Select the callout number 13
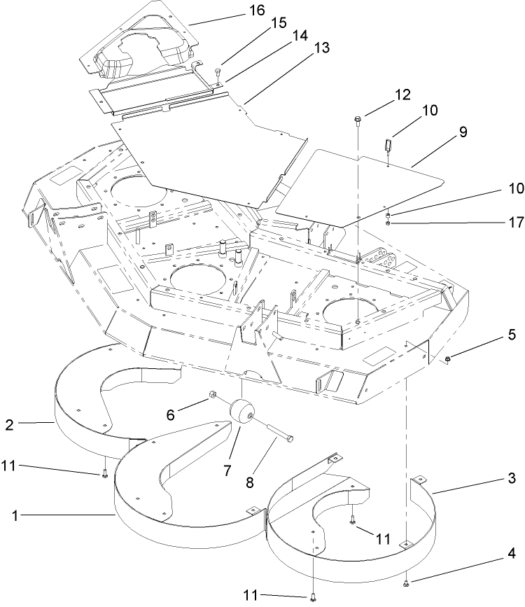[322, 48]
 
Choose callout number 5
[512, 335]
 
